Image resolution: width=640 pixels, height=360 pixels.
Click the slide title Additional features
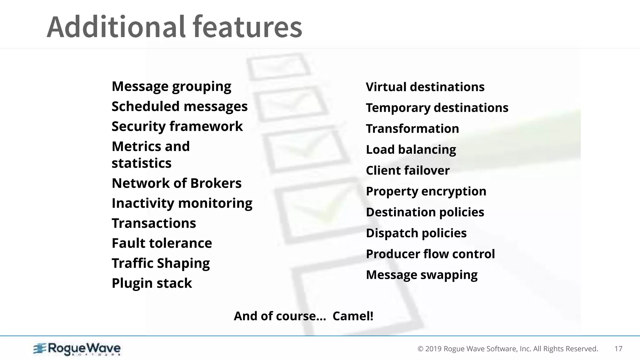tap(174, 27)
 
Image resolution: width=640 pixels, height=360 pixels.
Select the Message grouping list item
tap(171, 87)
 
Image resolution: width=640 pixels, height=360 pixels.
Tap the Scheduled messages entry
tap(179, 107)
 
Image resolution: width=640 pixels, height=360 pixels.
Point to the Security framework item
tap(177, 127)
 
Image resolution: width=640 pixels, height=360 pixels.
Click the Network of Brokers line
tap(177, 183)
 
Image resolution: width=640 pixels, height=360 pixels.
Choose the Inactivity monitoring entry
tap(182, 203)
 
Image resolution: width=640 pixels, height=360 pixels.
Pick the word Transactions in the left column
tap(154, 223)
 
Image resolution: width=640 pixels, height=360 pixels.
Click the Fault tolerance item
tap(162, 243)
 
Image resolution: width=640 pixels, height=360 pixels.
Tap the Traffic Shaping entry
tap(161, 263)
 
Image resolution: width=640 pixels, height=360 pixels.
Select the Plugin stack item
tap(152, 283)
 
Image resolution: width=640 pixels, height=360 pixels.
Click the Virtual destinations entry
tap(425, 87)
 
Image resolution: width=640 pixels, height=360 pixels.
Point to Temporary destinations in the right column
tap(437, 108)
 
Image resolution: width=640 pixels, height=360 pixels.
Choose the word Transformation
tap(412, 129)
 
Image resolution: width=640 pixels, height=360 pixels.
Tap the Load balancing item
tap(411, 150)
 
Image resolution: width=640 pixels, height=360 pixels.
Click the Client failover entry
tap(407, 171)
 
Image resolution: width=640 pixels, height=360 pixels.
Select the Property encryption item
tap(426, 192)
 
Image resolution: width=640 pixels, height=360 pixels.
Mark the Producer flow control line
tap(430, 254)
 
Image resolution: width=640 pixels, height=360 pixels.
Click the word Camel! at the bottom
tap(353, 316)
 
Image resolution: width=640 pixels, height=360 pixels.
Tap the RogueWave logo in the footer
tap(77, 349)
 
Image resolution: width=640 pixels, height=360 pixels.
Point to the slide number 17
tap(618, 349)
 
